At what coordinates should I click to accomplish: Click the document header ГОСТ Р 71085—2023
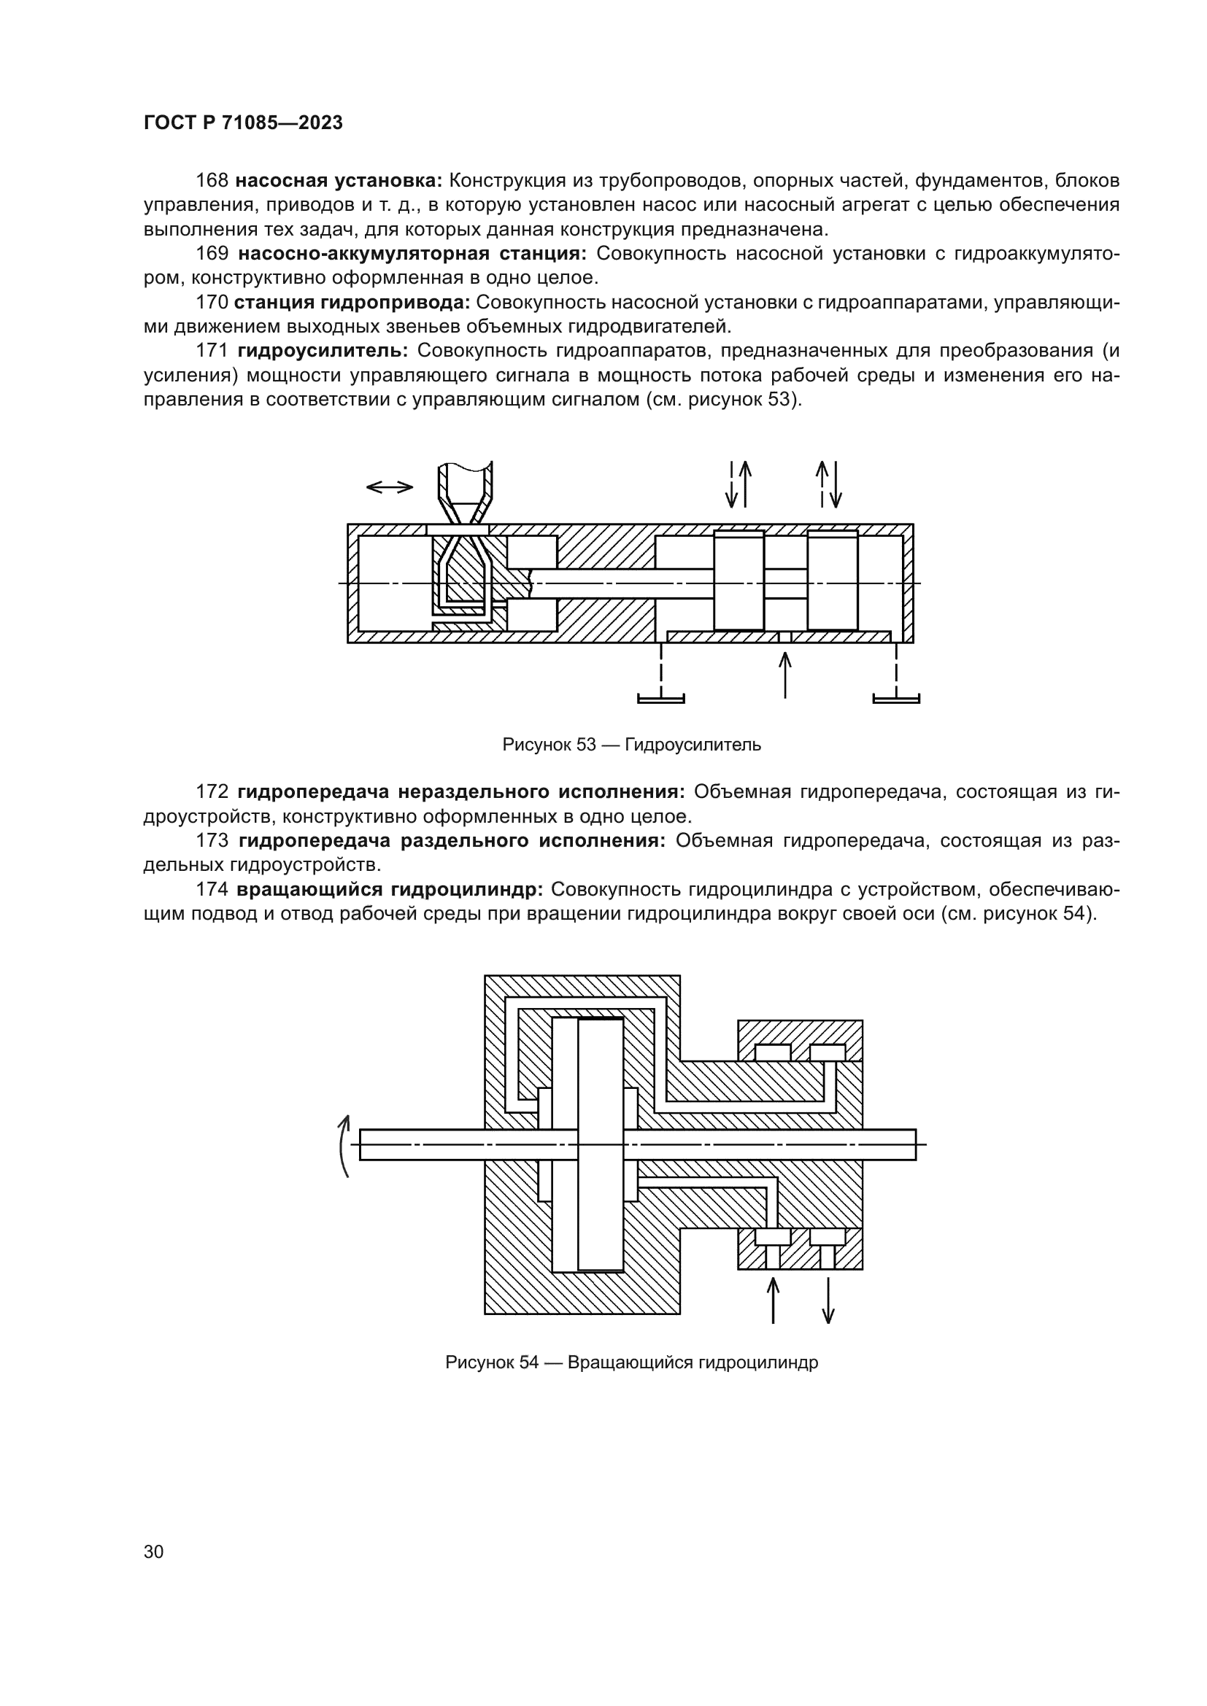coord(243,123)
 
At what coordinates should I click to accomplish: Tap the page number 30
coord(154,1551)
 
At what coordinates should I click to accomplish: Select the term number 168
coord(212,181)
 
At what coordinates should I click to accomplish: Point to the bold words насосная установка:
coord(339,181)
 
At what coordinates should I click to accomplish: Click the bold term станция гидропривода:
coord(352,303)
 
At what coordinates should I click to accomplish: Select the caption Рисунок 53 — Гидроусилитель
coord(631,745)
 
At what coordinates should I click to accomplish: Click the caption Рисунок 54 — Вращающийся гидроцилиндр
coord(631,1362)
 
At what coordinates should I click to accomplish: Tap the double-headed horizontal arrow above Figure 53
coord(390,487)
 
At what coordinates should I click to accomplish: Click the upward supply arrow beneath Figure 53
coord(785,675)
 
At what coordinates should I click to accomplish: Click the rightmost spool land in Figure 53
coord(833,581)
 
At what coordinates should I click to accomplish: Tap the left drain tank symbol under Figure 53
coord(660,697)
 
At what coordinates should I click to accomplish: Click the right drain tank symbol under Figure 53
coord(895,697)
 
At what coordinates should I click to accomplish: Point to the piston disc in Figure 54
coord(601,1144)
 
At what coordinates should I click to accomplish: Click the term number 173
coord(212,840)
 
